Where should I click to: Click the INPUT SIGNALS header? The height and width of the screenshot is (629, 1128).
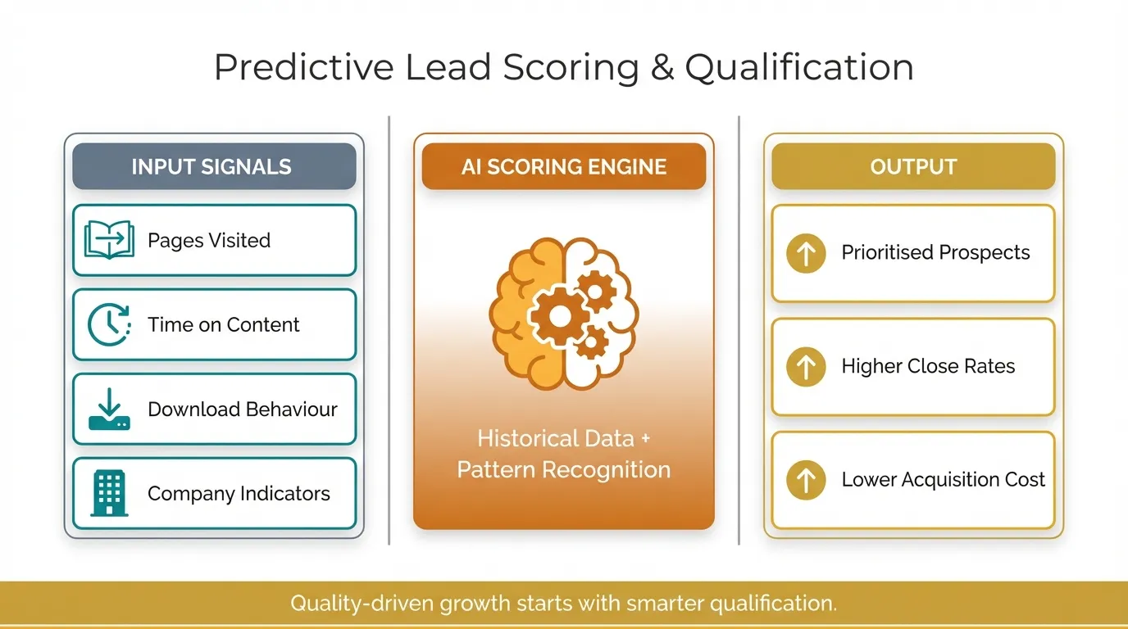pos(211,167)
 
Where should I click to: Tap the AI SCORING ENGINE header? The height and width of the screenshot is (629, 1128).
pos(564,167)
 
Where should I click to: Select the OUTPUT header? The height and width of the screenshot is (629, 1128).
pos(913,167)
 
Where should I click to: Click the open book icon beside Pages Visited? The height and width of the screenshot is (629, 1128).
pos(109,240)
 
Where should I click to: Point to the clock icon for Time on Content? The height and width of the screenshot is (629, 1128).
pos(109,324)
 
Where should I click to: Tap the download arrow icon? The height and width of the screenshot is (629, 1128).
pos(109,410)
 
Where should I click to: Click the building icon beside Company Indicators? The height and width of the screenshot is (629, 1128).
pos(109,494)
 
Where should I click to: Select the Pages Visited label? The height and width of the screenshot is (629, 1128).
pos(209,240)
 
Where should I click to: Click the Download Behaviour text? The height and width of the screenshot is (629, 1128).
pos(243,410)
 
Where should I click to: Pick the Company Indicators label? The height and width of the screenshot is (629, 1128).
pos(239,494)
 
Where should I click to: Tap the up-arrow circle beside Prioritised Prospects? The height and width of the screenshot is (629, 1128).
pos(806,253)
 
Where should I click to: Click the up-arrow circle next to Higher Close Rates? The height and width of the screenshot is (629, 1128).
pos(806,366)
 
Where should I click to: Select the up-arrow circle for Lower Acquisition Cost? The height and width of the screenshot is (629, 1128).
pos(806,480)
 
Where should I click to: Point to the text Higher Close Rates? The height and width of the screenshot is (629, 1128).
pos(928,366)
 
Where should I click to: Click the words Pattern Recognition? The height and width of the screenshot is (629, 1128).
pos(564,470)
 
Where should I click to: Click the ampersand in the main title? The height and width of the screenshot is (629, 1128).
pos(662,68)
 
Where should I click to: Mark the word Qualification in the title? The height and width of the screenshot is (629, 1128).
pos(799,68)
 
